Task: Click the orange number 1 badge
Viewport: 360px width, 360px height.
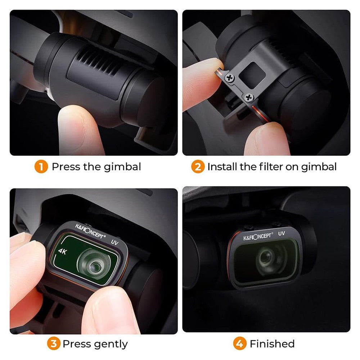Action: [x=41, y=167]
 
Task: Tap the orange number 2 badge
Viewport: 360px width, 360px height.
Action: [x=198, y=167]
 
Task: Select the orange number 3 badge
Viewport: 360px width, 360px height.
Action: [x=54, y=344]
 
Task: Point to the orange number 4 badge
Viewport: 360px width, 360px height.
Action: [x=240, y=344]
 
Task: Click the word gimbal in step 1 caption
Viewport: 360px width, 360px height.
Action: [x=122, y=167]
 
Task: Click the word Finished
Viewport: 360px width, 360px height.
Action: [x=272, y=344]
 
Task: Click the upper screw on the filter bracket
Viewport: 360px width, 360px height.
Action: [x=229, y=78]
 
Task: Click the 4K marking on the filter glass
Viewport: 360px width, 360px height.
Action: [x=62, y=251]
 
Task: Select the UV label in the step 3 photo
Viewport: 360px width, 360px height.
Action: [x=115, y=242]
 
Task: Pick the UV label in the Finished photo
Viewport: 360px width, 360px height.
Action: [x=282, y=234]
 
